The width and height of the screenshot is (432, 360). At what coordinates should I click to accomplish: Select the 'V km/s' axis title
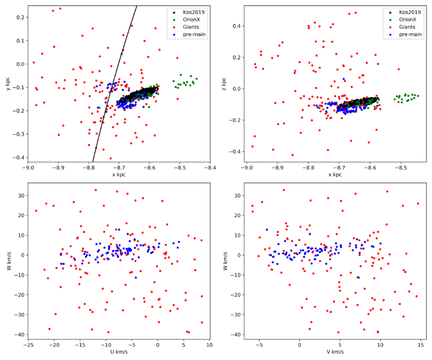click(x=334, y=352)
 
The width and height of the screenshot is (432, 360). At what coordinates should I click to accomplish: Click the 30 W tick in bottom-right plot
click(x=237, y=195)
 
